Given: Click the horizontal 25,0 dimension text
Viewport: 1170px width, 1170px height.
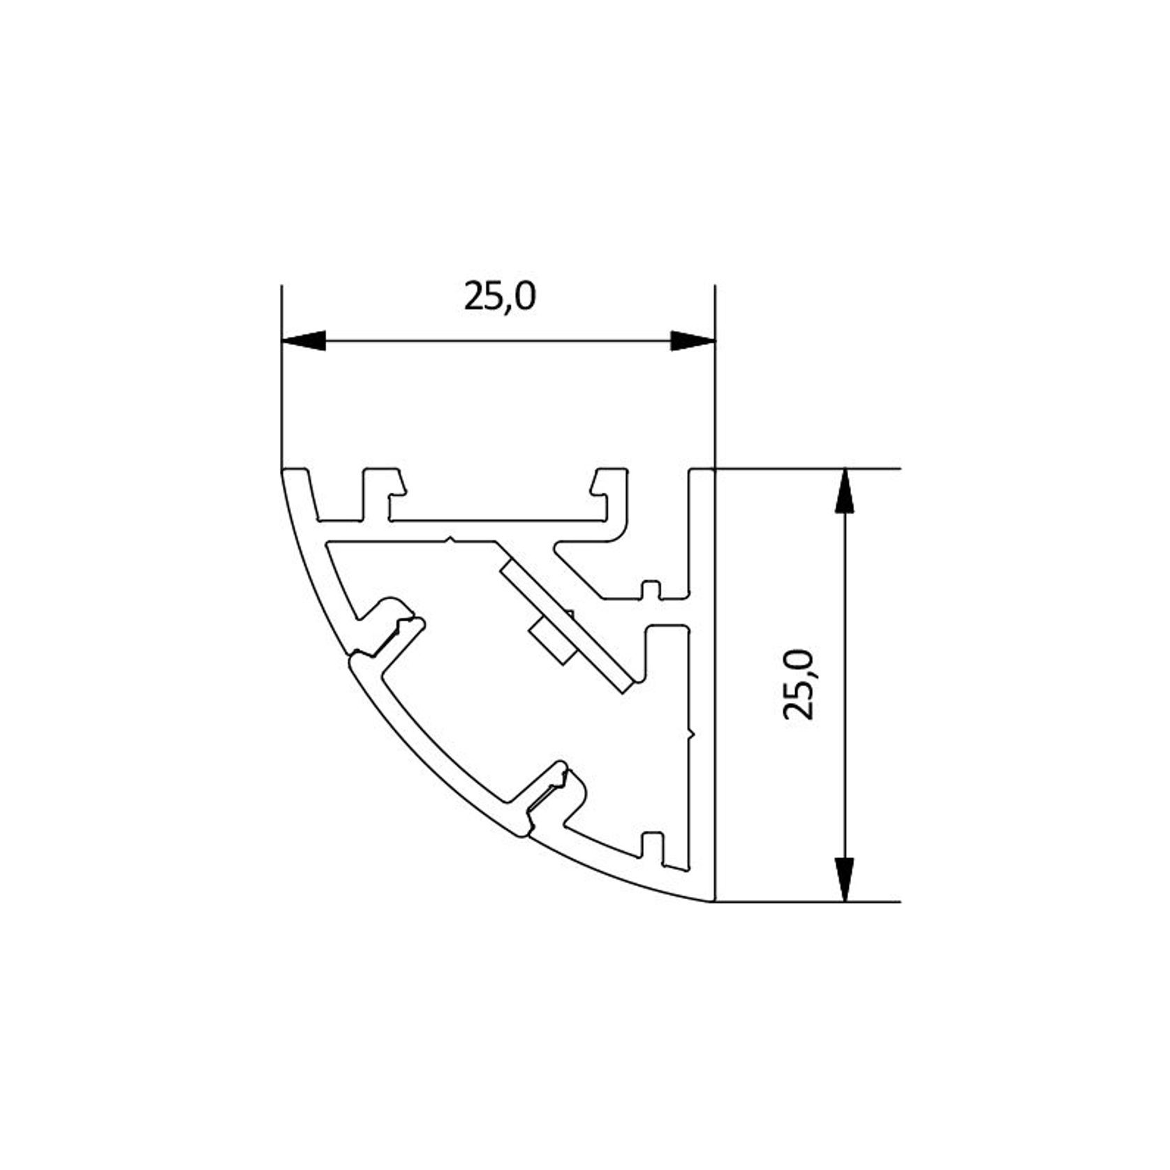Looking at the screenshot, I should [x=500, y=297].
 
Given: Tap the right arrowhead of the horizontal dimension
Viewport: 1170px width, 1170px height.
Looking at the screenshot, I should [x=693, y=341].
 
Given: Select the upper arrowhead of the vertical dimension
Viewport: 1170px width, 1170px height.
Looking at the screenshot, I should [x=845, y=491].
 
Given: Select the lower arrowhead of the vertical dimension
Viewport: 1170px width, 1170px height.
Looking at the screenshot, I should [x=845, y=879].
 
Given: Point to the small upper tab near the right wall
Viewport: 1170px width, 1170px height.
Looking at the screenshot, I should [x=651, y=590].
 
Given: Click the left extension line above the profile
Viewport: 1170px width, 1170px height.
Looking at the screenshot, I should [x=281, y=377].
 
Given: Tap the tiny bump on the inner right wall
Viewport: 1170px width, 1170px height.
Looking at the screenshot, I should [x=691, y=734].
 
